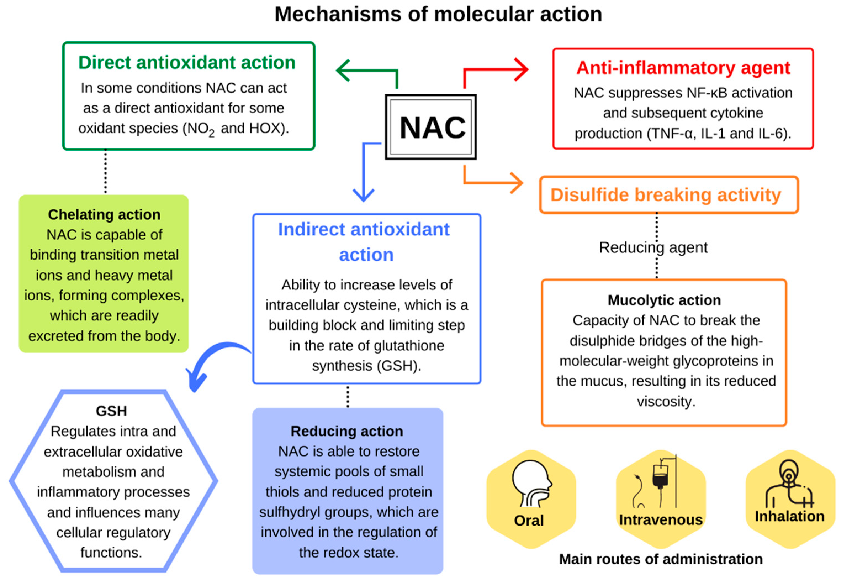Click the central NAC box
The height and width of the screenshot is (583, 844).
click(x=431, y=127)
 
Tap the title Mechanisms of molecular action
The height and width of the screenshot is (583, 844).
click(x=438, y=15)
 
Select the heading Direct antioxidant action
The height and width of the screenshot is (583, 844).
click(x=187, y=62)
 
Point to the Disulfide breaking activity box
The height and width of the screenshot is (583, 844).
click(x=668, y=195)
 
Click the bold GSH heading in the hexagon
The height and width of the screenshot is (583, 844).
click(x=111, y=411)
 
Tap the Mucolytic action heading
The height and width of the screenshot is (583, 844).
click(x=664, y=300)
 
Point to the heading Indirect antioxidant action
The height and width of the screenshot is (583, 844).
click(x=364, y=242)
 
